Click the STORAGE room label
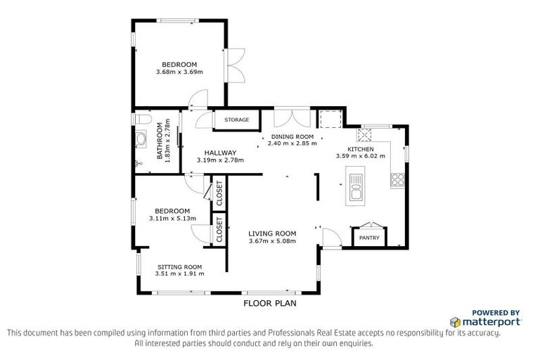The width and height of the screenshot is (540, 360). click(237, 120)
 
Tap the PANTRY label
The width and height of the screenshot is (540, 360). click(369, 238)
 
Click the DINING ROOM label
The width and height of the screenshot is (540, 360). click(292, 136)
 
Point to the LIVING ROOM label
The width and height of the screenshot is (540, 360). click(272, 233)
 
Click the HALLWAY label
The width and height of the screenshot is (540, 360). click(220, 153)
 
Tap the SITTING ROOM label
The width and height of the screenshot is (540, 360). click(179, 266)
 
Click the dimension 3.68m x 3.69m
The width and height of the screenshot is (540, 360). click(179, 72)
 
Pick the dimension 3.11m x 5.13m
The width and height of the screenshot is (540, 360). click(172, 219)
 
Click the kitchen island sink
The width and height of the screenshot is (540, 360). click(355, 188)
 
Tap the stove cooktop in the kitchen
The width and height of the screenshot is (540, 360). click(398, 179)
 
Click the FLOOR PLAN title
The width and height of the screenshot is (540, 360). click(270, 304)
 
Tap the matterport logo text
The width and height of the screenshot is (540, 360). click(490, 321)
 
